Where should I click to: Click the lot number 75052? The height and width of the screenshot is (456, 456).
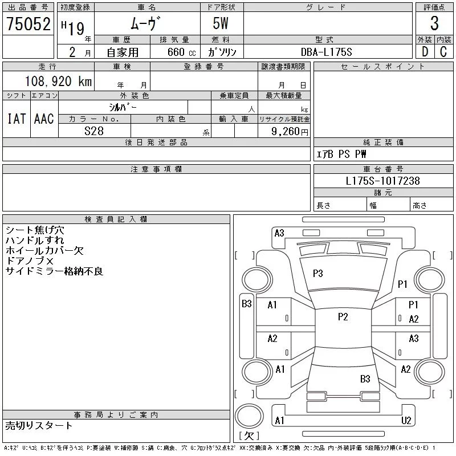(x=28, y=24)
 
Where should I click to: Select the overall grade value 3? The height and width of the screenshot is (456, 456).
(x=434, y=23)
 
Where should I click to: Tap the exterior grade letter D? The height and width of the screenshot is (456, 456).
(x=425, y=52)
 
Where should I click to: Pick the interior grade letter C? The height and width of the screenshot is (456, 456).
(x=443, y=52)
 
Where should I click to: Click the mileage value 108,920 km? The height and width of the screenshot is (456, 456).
(x=59, y=81)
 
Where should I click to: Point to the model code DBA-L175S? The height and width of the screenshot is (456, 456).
(x=326, y=52)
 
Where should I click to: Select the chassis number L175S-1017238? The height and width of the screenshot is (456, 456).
(x=382, y=181)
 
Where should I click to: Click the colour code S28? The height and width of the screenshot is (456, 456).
(x=94, y=131)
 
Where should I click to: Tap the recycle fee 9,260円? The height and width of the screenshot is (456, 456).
(x=290, y=132)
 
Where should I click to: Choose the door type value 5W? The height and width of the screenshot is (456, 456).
(x=221, y=23)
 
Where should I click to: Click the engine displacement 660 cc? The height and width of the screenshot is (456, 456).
(x=181, y=52)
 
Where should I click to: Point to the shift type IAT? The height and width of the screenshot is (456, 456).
(x=17, y=119)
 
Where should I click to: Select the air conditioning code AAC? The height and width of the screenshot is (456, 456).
(x=44, y=119)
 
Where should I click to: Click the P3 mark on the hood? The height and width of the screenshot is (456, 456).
(x=318, y=274)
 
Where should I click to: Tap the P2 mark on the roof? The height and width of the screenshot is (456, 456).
(x=343, y=317)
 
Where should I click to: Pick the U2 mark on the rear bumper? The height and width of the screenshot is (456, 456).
(x=406, y=421)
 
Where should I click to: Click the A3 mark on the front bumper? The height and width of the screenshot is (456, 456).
(x=279, y=233)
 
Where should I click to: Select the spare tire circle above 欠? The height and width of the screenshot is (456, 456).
(x=249, y=417)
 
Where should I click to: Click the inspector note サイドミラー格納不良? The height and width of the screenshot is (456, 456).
(x=54, y=271)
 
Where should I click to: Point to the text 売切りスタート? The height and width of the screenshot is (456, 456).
(x=39, y=426)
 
